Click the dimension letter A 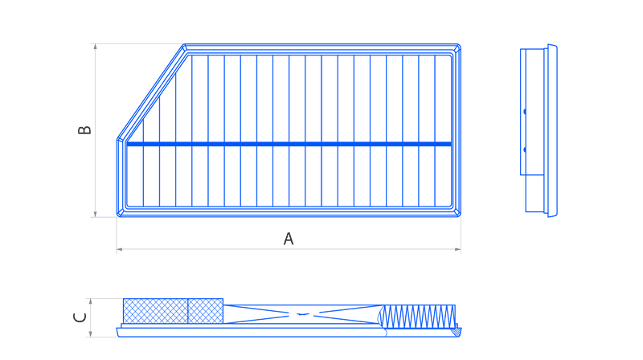click(289, 239)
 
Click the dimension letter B click(84, 130)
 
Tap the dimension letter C click(80, 317)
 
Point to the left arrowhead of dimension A click(119, 249)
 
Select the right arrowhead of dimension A click(458, 249)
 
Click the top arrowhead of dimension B click(95, 47)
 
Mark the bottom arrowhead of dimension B click(95, 214)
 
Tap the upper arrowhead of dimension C click(91, 301)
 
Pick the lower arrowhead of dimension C click(91, 334)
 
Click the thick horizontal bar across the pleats click(289, 144)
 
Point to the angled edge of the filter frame click(151, 92)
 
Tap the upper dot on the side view click(525, 112)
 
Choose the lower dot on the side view click(525, 150)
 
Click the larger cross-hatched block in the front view click(155, 311)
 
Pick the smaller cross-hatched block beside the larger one click(206, 311)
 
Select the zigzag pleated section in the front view click(418, 317)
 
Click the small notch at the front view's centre click(303, 314)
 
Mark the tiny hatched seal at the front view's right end click(457, 330)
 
